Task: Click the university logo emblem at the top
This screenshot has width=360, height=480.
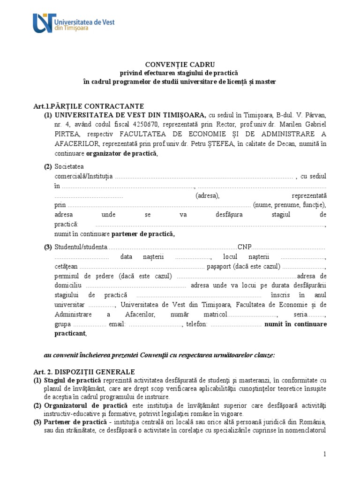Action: point(43,22)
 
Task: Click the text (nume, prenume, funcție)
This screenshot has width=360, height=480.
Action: point(289,205)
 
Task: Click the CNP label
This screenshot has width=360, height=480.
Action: point(244,247)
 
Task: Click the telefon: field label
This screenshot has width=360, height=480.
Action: point(196,324)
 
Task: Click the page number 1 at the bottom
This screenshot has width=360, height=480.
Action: point(323,454)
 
